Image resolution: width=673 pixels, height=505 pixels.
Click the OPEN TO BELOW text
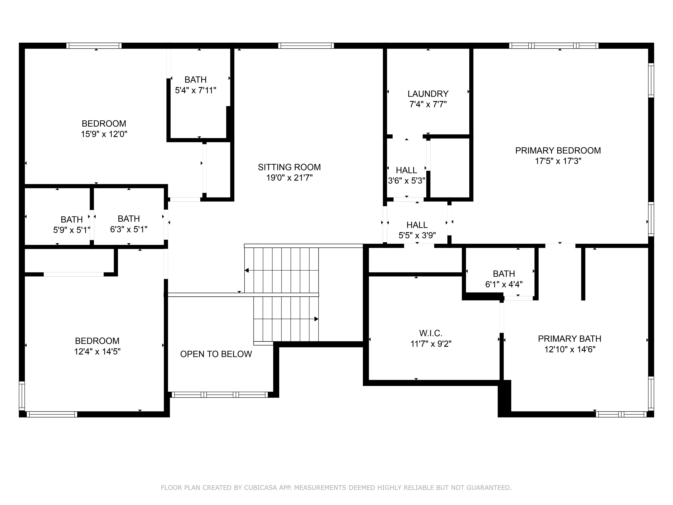(216, 354)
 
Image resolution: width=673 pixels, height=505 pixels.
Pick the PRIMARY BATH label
(570, 339)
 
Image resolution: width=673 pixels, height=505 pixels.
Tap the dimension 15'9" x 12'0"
(104, 134)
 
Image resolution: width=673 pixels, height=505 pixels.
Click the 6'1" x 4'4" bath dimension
(504, 284)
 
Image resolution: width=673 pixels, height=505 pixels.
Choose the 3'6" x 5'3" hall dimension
(406, 181)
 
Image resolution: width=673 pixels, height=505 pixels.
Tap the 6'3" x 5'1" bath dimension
(129, 229)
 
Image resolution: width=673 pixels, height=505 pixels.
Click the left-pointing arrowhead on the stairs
(247, 270)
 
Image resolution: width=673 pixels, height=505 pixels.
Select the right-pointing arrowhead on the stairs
(316, 319)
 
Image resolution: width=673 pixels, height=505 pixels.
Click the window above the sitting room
(306, 46)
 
